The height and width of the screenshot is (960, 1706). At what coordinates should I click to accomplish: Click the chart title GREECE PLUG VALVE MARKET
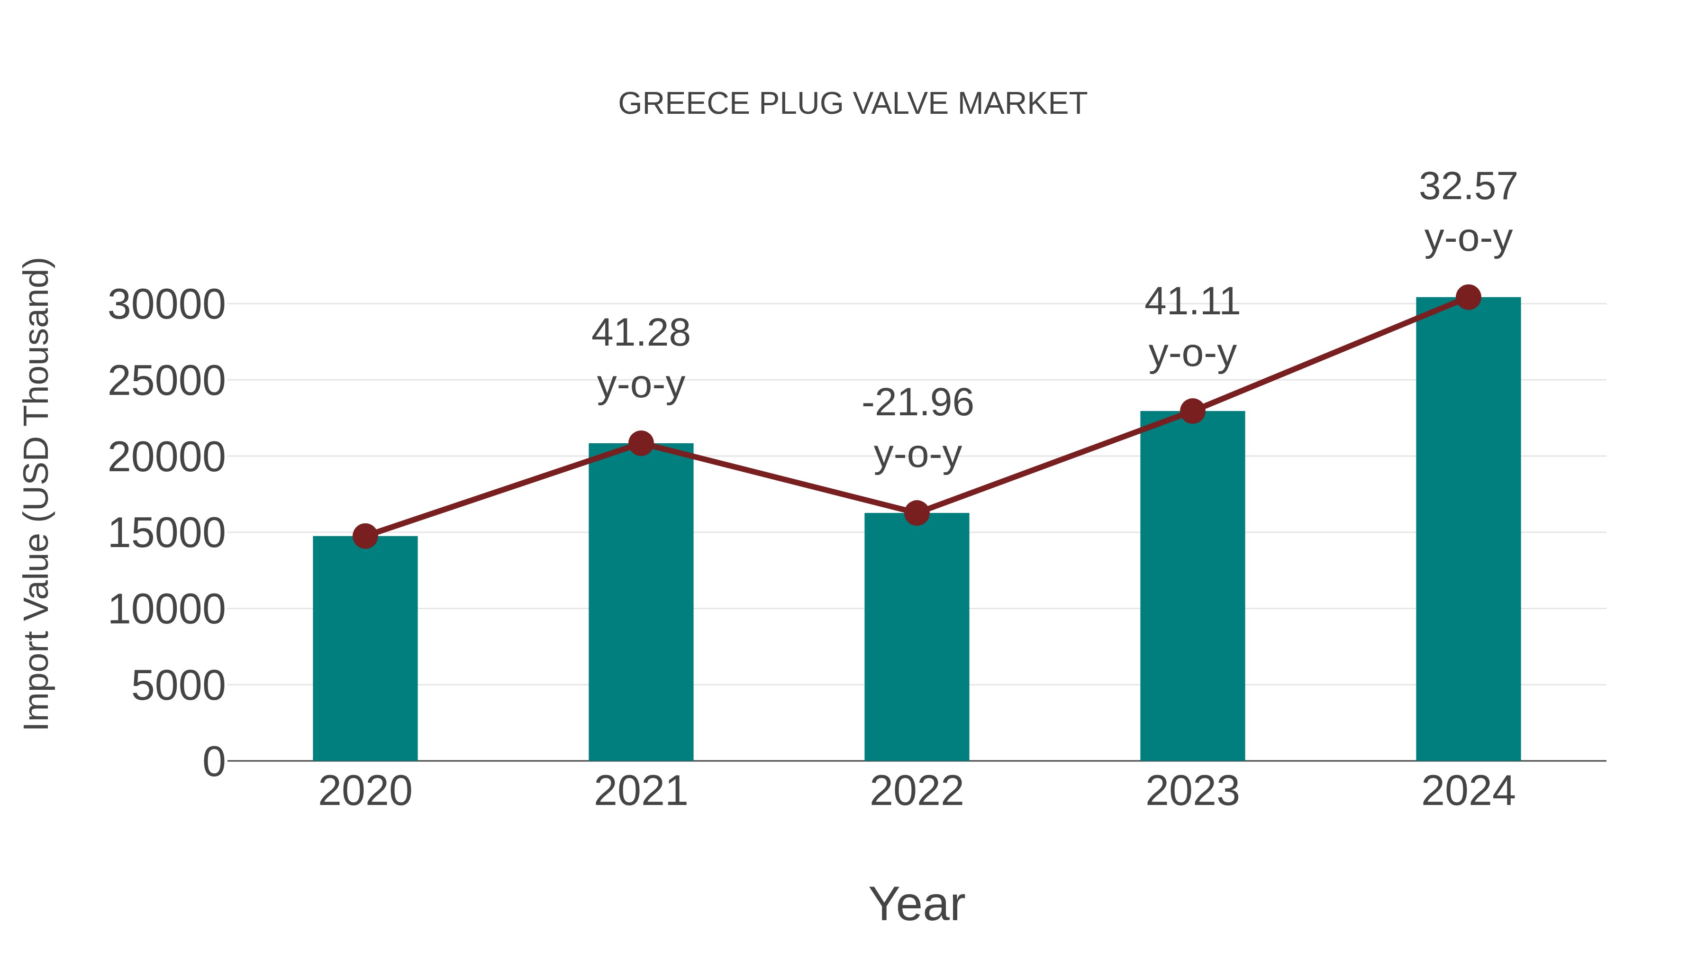(853, 104)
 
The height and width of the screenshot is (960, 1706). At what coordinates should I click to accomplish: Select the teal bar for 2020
(365, 649)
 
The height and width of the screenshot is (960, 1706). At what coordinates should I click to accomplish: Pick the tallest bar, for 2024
(1468, 530)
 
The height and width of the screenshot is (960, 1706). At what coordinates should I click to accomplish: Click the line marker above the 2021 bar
(640, 443)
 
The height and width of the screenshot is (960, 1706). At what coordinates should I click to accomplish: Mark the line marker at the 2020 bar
(365, 536)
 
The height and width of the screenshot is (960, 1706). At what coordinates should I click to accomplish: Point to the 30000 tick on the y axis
(166, 305)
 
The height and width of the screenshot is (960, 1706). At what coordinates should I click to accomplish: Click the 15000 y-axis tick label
(166, 533)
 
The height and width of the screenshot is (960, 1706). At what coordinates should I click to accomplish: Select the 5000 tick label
(178, 686)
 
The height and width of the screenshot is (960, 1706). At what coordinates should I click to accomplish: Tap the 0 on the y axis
(214, 762)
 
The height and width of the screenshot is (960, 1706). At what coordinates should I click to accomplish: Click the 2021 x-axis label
(640, 792)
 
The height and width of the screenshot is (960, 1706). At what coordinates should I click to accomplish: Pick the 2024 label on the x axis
(1468, 792)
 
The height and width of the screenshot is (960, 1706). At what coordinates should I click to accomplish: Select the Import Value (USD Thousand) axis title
(37, 494)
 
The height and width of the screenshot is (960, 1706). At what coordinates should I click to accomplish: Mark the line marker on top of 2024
(1468, 297)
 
